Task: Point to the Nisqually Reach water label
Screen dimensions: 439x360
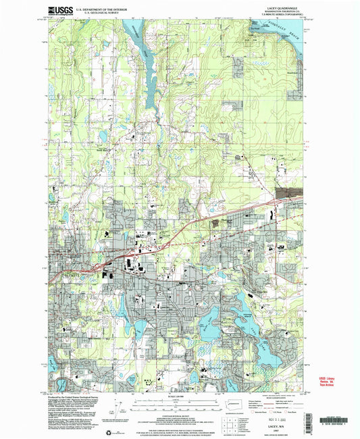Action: (284, 25)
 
